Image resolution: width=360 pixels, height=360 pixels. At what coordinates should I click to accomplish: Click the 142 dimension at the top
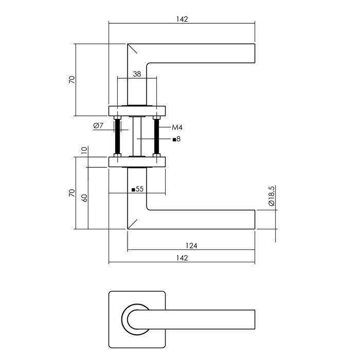[182, 19]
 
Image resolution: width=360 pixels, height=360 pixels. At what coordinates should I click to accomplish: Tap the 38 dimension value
[137, 74]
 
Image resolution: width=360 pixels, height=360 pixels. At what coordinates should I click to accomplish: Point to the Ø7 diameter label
[100, 127]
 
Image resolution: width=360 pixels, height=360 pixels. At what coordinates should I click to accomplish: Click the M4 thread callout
[177, 127]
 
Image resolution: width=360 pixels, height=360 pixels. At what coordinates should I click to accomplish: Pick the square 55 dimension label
[137, 189]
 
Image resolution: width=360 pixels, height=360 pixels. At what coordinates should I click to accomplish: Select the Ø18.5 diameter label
[272, 196]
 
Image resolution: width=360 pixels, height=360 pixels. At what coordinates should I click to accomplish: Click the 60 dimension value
[84, 198]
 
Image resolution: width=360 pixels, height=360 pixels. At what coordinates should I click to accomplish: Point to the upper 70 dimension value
[72, 80]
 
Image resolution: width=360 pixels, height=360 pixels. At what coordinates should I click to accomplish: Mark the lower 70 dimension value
[72, 193]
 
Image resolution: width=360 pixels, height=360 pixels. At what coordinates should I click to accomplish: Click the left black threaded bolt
[117, 136]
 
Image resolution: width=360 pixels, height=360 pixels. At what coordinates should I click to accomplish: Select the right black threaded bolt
[156, 136]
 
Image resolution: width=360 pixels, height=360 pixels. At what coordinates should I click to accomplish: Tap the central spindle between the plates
[137, 136]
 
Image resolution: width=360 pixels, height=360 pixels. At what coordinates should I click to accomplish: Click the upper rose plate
[137, 110]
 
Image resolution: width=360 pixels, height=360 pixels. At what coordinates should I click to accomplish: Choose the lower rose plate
[137, 163]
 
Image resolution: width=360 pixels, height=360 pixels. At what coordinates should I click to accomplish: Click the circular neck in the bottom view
[135, 318]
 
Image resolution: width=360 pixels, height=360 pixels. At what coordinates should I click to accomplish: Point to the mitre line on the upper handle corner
[133, 50]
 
